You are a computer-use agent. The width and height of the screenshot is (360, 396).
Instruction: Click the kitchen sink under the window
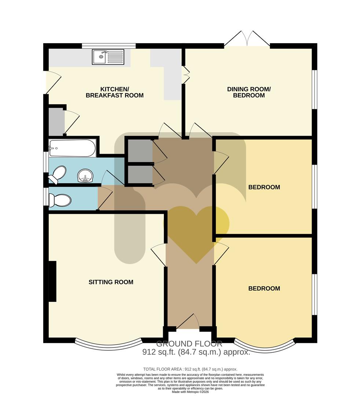pos(109,57)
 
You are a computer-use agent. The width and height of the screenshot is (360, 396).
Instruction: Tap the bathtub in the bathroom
pos(73,148)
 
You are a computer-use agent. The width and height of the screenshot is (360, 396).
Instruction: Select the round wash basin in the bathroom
pos(86,176)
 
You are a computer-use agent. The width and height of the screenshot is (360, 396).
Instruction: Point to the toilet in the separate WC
pos(60,200)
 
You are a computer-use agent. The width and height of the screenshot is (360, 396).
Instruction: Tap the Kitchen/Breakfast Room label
pos(114,92)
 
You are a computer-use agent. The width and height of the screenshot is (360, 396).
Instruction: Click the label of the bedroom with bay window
pos(264,289)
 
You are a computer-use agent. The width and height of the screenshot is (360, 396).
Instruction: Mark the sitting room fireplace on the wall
pos(52,281)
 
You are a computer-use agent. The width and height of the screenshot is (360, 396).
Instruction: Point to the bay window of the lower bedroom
pos(264,346)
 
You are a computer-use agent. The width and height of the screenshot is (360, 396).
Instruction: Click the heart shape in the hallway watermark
pos(196,231)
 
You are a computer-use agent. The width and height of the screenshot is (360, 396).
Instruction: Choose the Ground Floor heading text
pos(189,344)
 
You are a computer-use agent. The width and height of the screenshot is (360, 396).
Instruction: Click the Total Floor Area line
pos(190,369)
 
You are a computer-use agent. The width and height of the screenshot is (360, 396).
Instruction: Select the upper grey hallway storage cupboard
pos(139,150)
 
